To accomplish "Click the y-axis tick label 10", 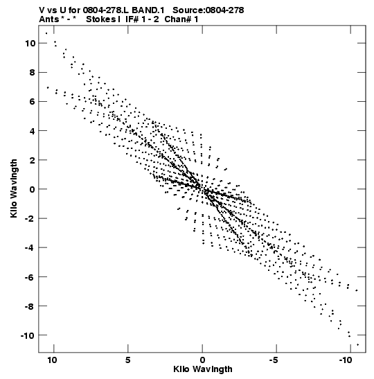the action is click(x=30, y=44).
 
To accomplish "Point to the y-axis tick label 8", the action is click(x=33, y=73).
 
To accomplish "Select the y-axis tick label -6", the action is click(x=30, y=277).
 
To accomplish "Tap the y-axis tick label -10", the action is click(x=28, y=335).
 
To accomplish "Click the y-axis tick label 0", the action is click(x=33, y=190).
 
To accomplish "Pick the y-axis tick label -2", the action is click(x=30, y=218).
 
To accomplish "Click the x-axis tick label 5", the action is click(x=128, y=360).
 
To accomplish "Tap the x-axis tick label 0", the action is click(x=202, y=360).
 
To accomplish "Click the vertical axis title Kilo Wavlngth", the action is click(x=14, y=188).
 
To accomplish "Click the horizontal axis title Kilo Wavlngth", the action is click(x=203, y=369).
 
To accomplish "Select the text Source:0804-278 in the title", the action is click(x=208, y=10).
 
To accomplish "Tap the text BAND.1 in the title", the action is click(x=148, y=10).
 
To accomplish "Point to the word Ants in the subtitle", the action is click(x=48, y=19).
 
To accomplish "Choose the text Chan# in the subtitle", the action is click(x=178, y=19).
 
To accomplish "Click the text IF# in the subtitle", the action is click(x=132, y=19).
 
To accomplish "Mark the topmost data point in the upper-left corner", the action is click(x=46, y=33).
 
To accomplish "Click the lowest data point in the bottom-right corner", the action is click(x=358, y=344).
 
